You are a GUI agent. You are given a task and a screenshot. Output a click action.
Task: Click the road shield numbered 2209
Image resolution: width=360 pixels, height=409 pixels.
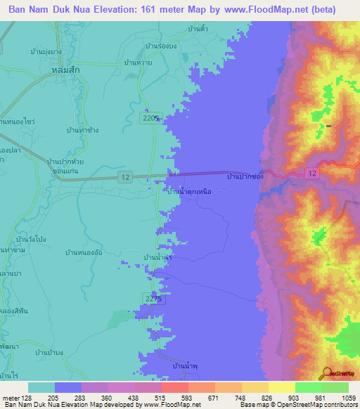point(150,117)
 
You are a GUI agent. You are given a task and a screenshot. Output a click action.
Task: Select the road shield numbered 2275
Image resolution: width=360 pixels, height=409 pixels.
point(153,298)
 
